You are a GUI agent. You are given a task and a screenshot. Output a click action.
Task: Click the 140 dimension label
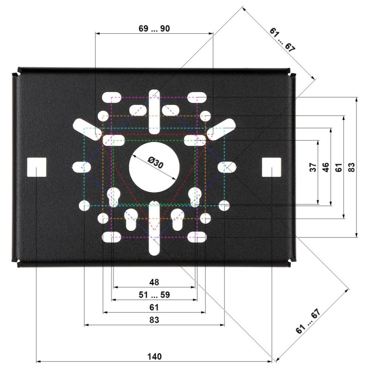tap(155, 357)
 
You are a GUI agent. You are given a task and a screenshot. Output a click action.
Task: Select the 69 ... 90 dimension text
tap(154, 29)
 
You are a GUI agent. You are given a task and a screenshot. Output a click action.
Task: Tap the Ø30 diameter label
tap(155, 163)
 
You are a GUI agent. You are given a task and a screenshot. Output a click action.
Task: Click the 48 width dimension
tap(154, 282)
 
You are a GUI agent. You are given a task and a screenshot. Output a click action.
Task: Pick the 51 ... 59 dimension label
tap(154, 295)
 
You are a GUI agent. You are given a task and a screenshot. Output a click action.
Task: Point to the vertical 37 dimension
tap(313, 167)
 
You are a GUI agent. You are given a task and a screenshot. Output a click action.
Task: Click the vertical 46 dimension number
tap(326, 167)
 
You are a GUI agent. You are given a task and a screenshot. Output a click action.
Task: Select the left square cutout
tap(36, 167)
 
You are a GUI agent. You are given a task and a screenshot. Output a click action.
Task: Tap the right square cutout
tap(272, 167)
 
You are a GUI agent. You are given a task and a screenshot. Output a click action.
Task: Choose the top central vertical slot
tap(155, 112)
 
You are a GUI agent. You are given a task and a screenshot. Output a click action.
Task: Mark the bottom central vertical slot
tap(155, 228)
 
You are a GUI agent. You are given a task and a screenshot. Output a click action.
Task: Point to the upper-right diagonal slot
tap(221, 130)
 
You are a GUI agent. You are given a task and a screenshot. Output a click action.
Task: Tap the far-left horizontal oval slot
tap(82, 167)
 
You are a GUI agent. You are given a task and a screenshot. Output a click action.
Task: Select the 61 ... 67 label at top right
tap(282, 40)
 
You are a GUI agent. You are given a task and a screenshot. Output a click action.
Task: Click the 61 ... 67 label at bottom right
tap(308, 321)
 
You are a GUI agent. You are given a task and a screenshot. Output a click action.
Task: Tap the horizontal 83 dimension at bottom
tap(154, 320)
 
